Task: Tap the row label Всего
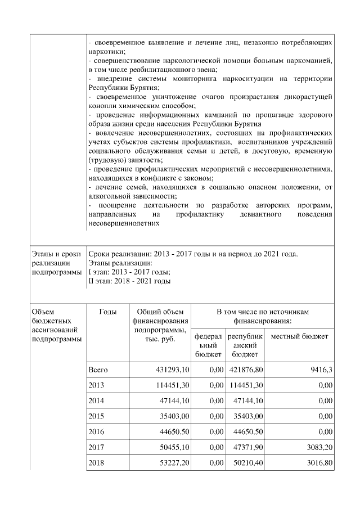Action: coord(98,370)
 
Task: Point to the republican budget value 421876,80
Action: coord(245,370)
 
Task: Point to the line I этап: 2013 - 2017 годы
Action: coord(121,272)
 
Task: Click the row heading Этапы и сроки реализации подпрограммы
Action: coord(55,263)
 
